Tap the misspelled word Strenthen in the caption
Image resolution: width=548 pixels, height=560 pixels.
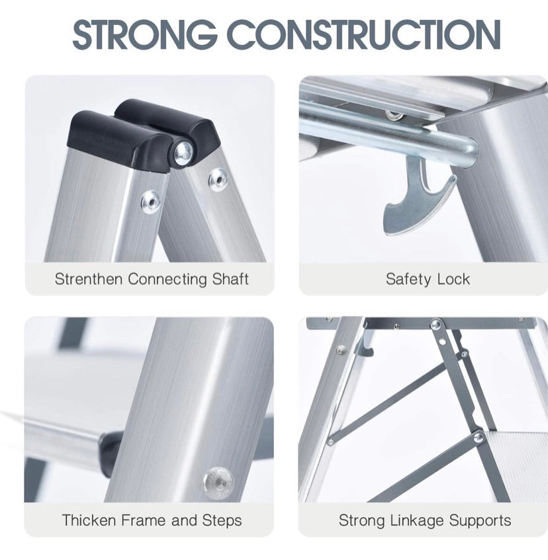[89, 279]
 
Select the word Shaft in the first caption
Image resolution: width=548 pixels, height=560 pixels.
[230, 279]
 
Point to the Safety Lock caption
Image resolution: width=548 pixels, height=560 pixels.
[428, 279]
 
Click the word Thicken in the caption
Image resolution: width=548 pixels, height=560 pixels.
[87, 520]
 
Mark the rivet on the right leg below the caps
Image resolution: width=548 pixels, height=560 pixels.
[217, 179]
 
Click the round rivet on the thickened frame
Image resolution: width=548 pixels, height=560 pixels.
[218, 479]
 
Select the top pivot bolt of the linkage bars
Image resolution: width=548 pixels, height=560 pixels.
[436, 325]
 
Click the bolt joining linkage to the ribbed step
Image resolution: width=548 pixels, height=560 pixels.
[478, 437]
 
